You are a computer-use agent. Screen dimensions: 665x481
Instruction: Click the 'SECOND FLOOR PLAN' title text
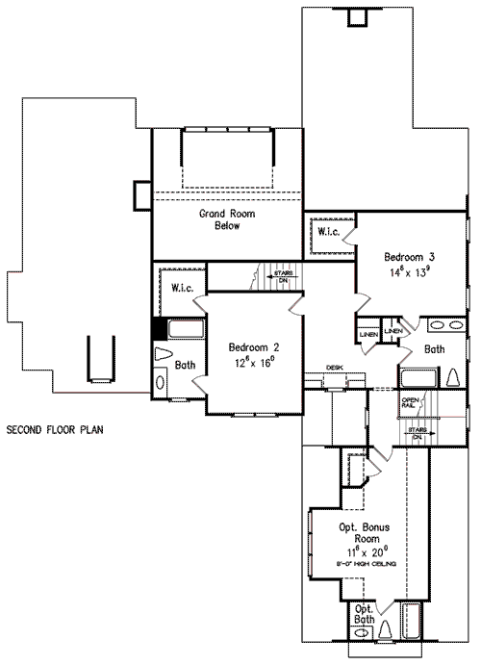coord(54,427)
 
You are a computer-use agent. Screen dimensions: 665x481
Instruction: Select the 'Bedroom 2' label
coord(254,346)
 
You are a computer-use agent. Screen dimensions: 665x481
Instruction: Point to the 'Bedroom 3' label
coord(411,257)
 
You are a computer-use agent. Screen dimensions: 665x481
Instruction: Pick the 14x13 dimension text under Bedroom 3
coord(411,272)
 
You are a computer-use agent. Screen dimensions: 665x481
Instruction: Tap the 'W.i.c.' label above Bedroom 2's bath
coord(185,287)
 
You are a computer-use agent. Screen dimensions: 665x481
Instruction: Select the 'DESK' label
coord(334,367)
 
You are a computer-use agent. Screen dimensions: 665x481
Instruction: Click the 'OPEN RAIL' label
coord(410,403)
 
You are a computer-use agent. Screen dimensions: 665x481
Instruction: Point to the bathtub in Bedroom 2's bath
coord(187,330)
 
